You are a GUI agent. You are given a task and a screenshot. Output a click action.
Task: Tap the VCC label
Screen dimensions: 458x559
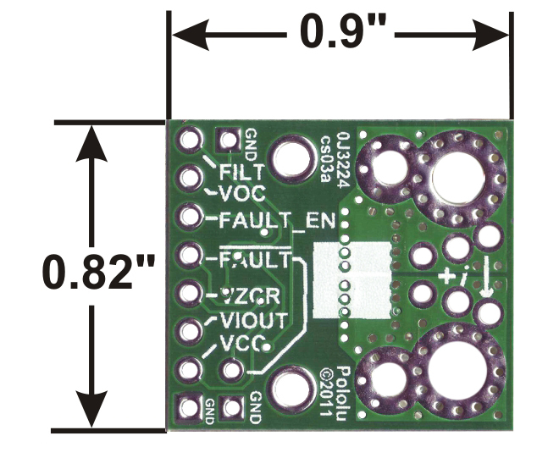pos(241,344)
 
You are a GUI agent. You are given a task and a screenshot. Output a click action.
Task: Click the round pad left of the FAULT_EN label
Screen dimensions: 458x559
pos(189,217)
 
